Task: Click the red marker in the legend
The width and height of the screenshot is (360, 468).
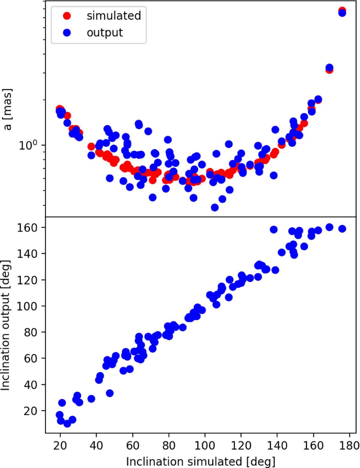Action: tap(67, 16)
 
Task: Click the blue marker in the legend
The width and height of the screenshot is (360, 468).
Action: tap(67, 32)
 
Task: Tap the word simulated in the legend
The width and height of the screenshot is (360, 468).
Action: tap(114, 16)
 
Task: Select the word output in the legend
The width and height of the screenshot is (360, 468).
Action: tap(105, 32)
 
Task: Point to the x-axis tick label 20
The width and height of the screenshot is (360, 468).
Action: tap(60, 445)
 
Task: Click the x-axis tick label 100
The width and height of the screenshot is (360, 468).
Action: tap(205, 445)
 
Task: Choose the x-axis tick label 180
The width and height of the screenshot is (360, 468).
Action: tap(350, 445)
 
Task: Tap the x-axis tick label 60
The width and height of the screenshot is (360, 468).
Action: tap(133, 445)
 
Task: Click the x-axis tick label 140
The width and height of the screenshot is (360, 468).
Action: tap(277, 445)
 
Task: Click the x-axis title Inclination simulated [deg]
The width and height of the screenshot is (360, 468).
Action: tap(200, 461)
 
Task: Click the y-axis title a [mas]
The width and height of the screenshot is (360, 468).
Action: tap(8, 109)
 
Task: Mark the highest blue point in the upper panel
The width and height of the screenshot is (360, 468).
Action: tap(342, 13)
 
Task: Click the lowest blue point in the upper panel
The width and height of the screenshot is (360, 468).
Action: tap(214, 207)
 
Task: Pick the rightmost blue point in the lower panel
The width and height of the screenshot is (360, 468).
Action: tap(342, 229)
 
